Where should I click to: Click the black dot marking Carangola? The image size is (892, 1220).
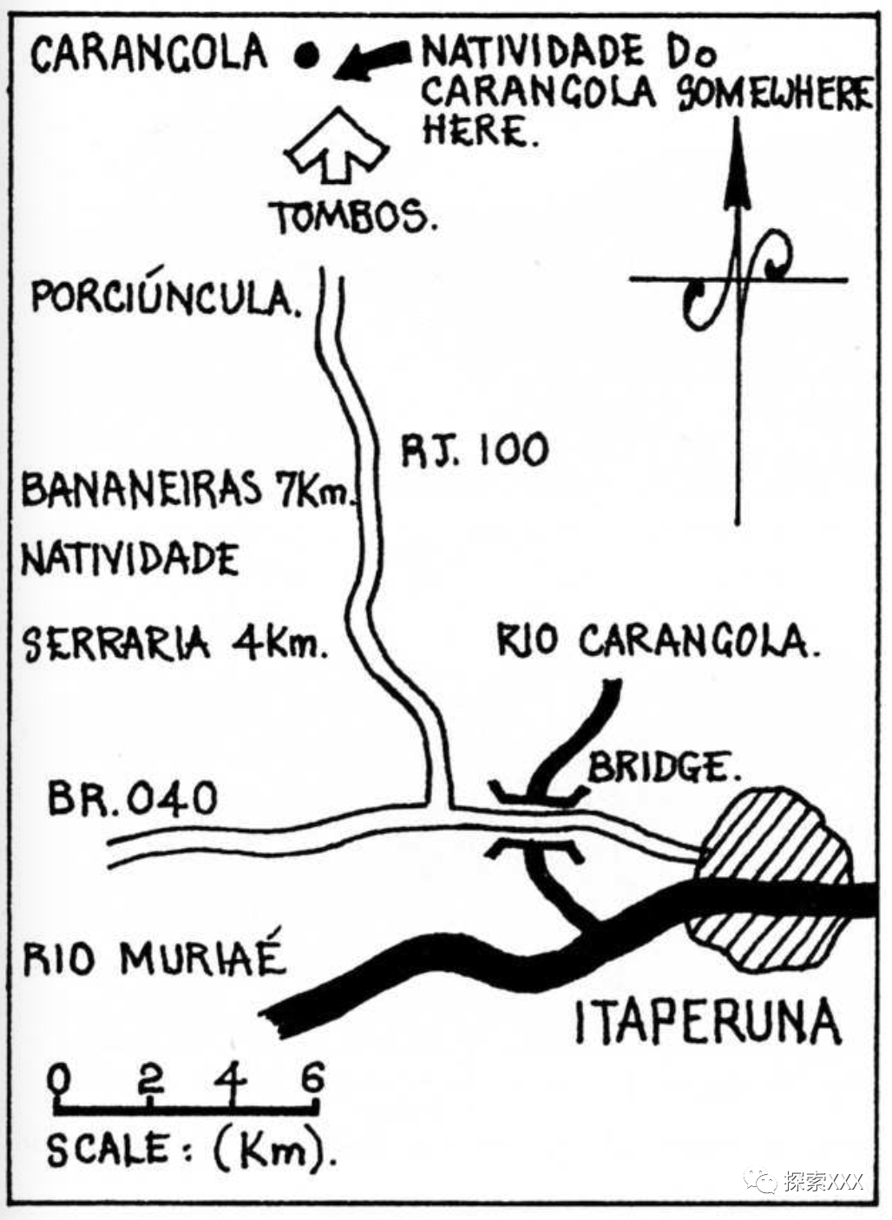coord(304,56)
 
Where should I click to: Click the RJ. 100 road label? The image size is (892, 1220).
coord(475,449)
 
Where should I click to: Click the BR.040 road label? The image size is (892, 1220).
coord(131,797)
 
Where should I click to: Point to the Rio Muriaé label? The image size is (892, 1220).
coord(154,958)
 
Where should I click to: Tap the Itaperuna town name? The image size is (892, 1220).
coord(707,1021)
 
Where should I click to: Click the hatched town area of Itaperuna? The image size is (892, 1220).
coord(772,876)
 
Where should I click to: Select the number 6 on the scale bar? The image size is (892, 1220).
coord(312,1079)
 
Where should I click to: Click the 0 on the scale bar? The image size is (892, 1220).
coord(59,1079)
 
